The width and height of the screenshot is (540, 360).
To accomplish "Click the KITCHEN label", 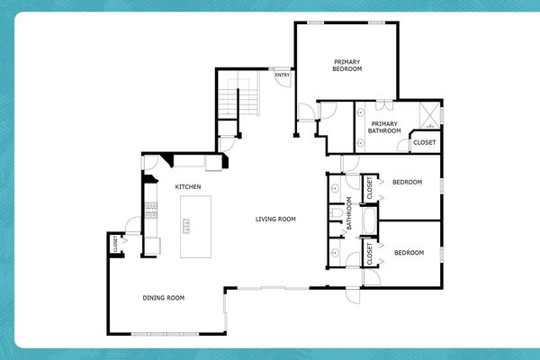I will (x=187, y=186).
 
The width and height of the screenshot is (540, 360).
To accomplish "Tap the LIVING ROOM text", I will (x=275, y=219).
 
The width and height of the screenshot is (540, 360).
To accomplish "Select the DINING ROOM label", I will (x=164, y=297).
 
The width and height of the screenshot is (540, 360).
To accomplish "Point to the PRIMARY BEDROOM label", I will (x=346, y=65).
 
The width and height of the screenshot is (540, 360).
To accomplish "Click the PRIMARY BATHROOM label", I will (x=383, y=128).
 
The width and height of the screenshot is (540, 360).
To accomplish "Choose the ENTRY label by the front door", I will (x=282, y=74).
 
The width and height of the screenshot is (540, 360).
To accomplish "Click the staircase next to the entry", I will (x=240, y=96).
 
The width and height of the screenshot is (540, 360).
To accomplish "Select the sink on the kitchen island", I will (x=188, y=224).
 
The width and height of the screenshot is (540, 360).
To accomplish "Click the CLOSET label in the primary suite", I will (x=424, y=143).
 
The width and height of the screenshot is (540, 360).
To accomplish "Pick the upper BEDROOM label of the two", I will (x=407, y=183).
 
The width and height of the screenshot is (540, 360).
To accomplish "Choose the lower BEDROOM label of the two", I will (x=409, y=252).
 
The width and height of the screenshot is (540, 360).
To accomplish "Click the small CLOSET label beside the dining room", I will (x=116, y=243).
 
